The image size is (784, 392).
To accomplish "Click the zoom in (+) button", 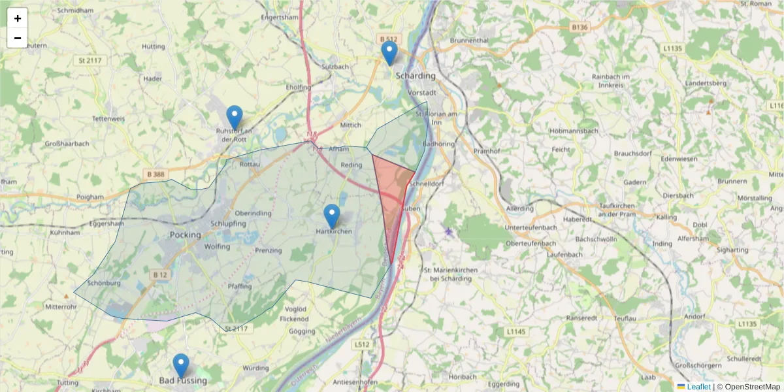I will coord(18,18).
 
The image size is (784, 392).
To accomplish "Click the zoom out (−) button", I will coord(18,38).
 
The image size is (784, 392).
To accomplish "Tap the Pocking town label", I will coord(185,235).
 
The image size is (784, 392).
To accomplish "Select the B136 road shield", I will coord(579,27).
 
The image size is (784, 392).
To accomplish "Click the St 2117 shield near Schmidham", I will coord(90,61).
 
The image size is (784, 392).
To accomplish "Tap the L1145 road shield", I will coord(515,333).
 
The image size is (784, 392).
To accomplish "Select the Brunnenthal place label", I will coord(469,41).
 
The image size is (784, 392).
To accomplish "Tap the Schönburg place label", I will coord(104,283).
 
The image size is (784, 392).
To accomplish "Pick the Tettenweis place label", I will coord(108,119).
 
